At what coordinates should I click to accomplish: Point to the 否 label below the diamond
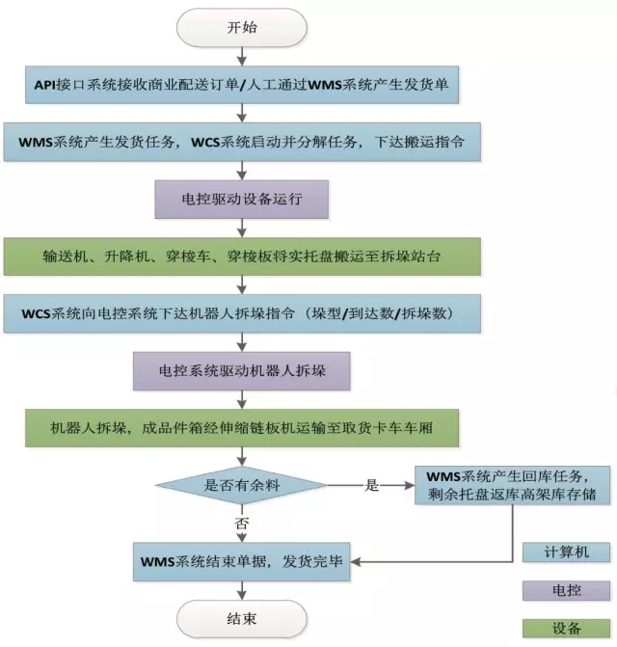[243, 521]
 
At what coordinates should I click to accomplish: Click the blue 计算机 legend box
[566, 552]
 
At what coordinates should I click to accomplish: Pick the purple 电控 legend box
[566, 590]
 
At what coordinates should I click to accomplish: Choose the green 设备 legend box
[566, 629]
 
